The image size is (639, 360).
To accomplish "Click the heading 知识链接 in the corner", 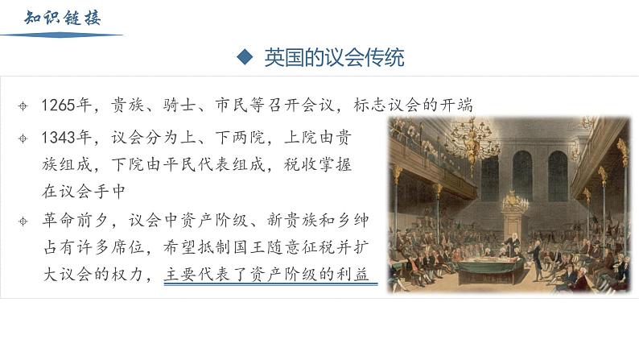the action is click(62, 18).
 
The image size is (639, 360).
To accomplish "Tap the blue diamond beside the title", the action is click(245, 57).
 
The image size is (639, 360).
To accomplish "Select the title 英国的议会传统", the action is click(334, 57).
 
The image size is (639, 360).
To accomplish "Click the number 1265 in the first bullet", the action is click(58, 106).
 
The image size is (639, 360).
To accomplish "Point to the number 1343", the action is click(58, 138).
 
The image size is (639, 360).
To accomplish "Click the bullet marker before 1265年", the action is click(23, 106).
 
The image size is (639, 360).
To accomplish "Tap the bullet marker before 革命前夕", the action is click(23, 221).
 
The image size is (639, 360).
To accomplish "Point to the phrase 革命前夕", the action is click(76, 220).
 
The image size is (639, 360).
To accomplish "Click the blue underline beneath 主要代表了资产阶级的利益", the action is click(270, 283).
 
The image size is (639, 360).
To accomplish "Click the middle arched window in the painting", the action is click(522, 176).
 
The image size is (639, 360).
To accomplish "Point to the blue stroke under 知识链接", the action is click(61, 35).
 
